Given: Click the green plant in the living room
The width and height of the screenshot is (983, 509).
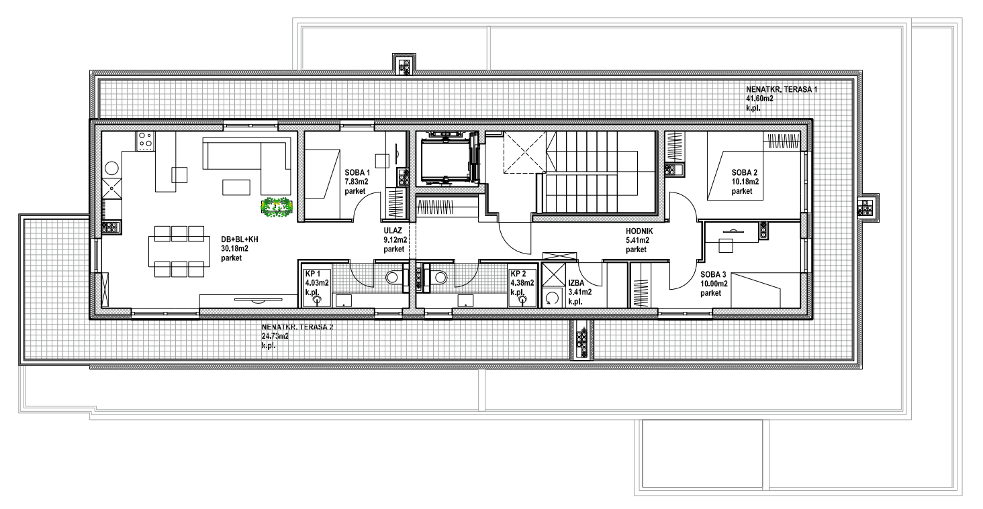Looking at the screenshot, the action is pyautogui.click(x=277, y=207).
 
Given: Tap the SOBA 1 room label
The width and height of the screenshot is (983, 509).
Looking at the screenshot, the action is pyautogui.click(x=357, y=172).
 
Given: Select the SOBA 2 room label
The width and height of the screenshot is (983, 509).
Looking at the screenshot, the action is pyautogui.click(x=744, y=173).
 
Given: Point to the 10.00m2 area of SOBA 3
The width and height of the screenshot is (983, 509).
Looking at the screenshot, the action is pyautogui.click(x=714, y=284).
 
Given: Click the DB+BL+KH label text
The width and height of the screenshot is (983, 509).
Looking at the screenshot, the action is pyautogui.click(x=240, y=239).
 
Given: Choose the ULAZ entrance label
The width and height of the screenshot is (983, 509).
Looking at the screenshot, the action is pyautogui.click(x=393, y=231).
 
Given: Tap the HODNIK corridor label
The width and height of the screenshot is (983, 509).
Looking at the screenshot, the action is pyautogui.click(x=639, y=231).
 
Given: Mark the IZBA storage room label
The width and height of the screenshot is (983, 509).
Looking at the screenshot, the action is pyautogui.click(x=576, y=283).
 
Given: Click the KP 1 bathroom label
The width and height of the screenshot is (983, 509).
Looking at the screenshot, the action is pyautogui.click(x=313, y=274).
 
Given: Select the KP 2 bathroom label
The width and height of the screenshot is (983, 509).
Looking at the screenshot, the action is pyautogui.click(x=518, y=274).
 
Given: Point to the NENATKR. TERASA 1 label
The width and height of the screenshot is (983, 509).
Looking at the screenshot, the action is pyautogui.click(x=782, y=89).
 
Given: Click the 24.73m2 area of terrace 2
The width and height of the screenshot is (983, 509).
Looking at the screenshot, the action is pyautogui.click(x=275, y=336).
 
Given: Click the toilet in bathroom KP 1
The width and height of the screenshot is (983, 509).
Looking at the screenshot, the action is pyautogui.click(x=393, y=277).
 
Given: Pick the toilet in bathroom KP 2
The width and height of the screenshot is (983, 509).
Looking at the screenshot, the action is pyautogui.click(x=439, y=277).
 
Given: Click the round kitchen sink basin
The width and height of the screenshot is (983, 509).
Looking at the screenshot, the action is pyautogui.click(x=111, y=168).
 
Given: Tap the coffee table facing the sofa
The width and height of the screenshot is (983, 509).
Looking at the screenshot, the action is pyautogui.click(x=236, y=187).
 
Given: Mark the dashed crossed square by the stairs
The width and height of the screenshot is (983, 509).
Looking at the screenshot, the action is pyautogui.click(x=524, y=153).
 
